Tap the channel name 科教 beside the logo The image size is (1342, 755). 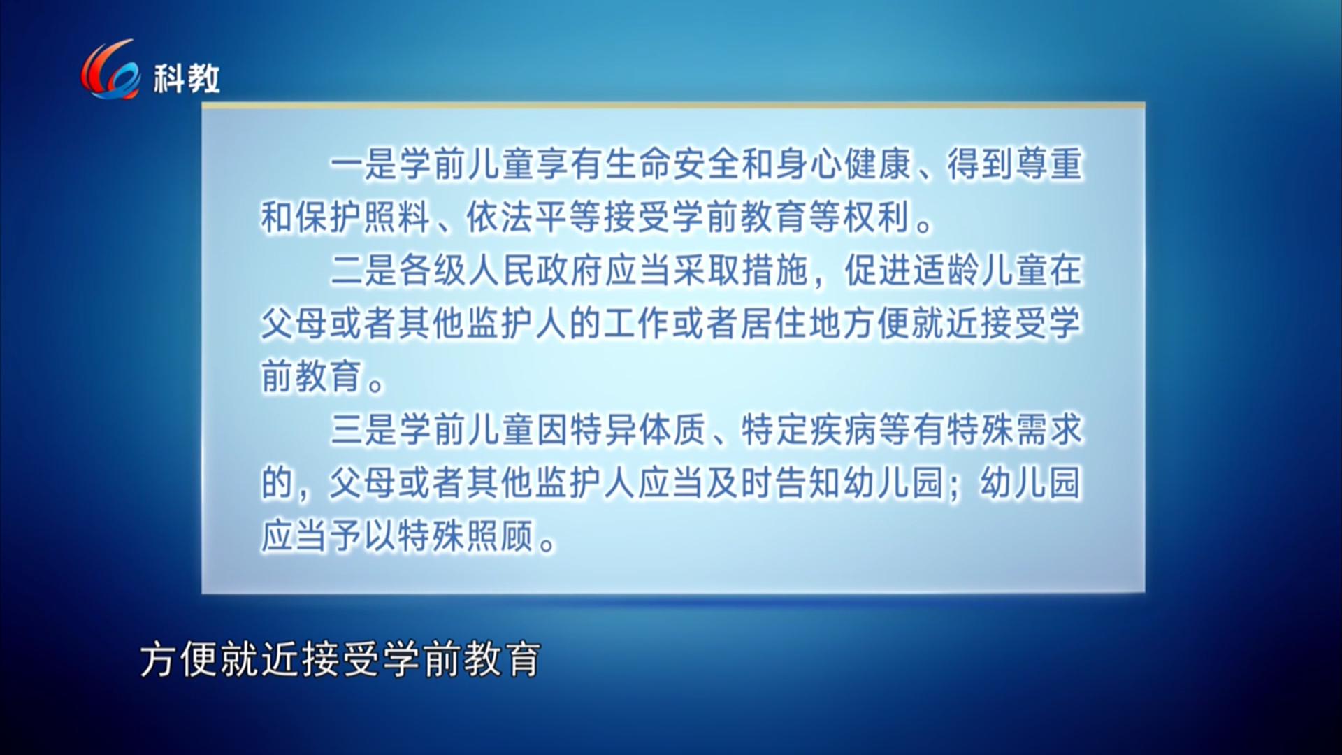tap(187, 78)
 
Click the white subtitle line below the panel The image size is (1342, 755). tap(340, 659)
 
